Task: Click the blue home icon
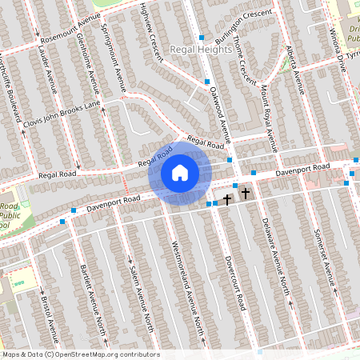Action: (180, 173)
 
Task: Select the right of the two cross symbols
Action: (245, 194)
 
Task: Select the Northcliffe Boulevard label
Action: (9, 89)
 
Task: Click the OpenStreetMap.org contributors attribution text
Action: (106, 354)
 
